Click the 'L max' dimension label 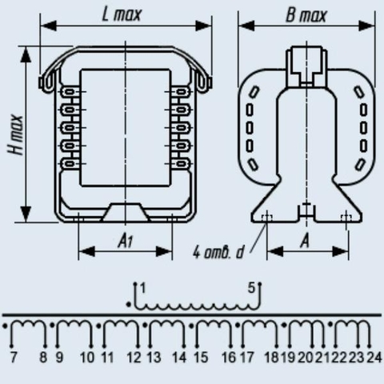click(x=122, y=15)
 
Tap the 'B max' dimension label click(x=306, y=15)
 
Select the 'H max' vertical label click(x=15, y=134)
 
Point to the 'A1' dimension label click(x=126, y=242)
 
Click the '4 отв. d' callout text click(x=218, y=252)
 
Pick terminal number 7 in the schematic click(x=14, y=358)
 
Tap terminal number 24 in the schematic click(x=374, y=358)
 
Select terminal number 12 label click(x=134, y=358)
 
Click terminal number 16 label click(x=229, y=358)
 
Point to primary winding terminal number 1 click(x=143, y=288)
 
